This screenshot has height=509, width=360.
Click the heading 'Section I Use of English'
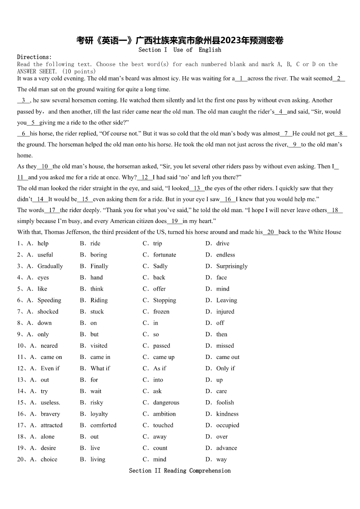pos(180,49)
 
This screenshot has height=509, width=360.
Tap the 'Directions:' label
pos(34,57)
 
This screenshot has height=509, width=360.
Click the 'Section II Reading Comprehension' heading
pos(180,470)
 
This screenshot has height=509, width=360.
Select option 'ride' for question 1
pos(95,243)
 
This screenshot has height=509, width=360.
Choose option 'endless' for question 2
pos(225,255)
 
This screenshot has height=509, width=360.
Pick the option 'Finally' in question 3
pos(99,266)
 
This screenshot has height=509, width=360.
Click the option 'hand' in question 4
pos(97,277)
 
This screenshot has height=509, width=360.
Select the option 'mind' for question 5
pos(223,289)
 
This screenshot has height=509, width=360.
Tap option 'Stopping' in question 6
pos(165,300)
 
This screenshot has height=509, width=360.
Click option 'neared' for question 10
pos(49,345)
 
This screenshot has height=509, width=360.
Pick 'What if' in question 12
pos(100,368)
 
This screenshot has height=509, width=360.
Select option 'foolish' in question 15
pos(225,402)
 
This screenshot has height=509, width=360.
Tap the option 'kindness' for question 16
pos(227,414)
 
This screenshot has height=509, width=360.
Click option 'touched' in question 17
pos(163,425)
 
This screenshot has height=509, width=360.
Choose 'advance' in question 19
pos(226,448)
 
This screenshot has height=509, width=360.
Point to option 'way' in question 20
pos(221,459)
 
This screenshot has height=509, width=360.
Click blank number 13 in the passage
pos(197,188)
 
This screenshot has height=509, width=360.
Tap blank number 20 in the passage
pos(271,232)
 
